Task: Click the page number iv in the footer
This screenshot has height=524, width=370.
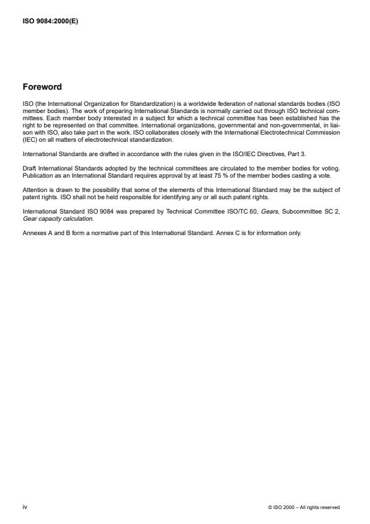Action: click(x=24, y=507)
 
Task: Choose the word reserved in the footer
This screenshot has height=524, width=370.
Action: click(x=329, y=508)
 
